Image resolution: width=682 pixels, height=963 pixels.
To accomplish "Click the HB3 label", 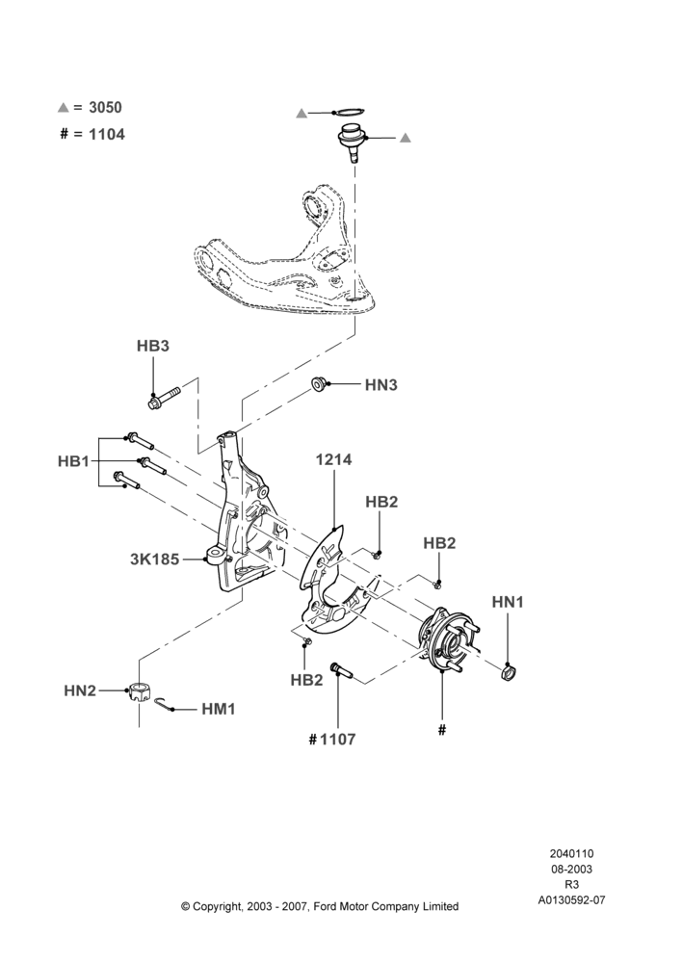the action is [x=152, y=346].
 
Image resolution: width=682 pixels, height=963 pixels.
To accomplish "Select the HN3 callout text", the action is [x=380, y=385].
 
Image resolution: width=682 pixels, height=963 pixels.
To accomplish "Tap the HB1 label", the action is [x=74, y=461].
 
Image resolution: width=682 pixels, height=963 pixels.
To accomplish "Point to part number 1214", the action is [x=333, y=459].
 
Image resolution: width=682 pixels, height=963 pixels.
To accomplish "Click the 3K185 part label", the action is [x=155, y=559].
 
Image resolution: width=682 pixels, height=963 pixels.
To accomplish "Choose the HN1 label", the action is [x=508, y=602].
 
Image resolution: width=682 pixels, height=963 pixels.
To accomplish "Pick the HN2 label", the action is [x=80, y=690].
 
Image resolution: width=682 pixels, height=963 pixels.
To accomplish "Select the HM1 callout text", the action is [x=219, y=710].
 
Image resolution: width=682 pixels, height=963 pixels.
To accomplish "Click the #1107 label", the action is [x=331, y=739].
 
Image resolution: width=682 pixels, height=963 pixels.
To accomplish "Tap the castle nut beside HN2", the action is [x=140, y=693].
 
